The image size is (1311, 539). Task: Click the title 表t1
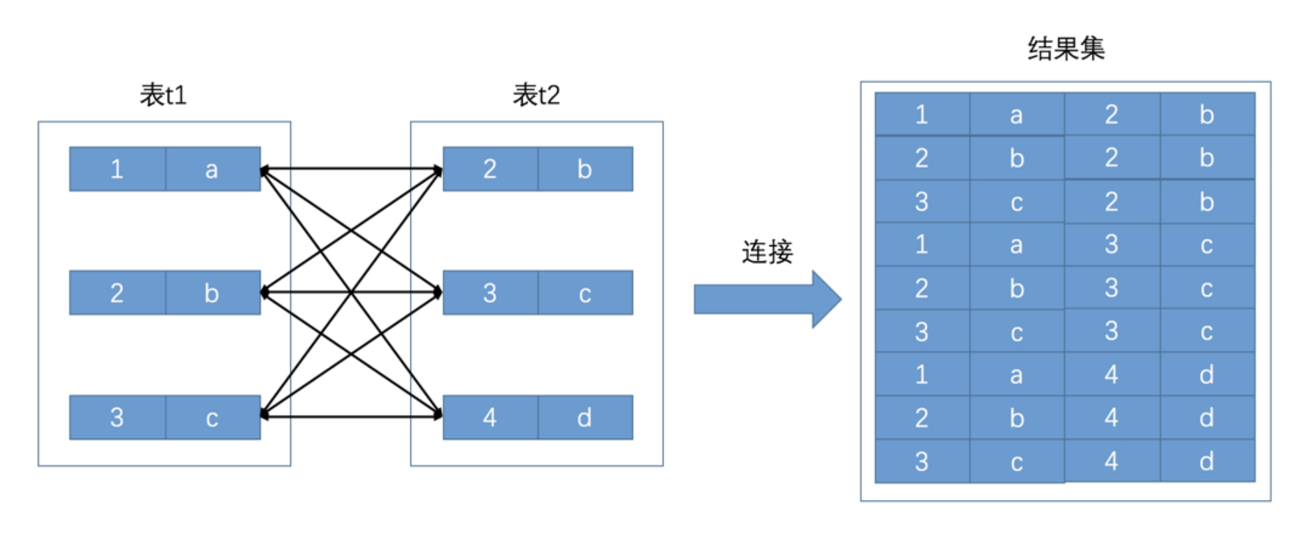coord(163,95)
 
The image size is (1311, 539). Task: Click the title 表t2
coord(536,95)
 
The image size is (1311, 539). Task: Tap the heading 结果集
coord(1066,48)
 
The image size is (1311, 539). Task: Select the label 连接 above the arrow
coord(767,252)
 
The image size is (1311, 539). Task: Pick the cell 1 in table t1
coord(117,169)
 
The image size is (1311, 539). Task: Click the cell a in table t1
coord(212,169)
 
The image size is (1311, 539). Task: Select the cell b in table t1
coord(212,293)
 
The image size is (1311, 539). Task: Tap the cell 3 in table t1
coord(117,418)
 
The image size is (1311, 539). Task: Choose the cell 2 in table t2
coord(490,169)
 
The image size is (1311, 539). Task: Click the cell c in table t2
coord(584,293)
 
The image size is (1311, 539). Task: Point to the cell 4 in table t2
coord(490,418)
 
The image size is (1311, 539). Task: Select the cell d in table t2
coord(584,418)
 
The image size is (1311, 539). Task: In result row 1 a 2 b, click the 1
coord(922,115)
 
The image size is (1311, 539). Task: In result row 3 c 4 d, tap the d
coord(1207,461)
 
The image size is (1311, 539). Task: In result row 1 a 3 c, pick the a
coord(1016,245)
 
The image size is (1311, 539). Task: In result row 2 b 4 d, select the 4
coord(1112,418)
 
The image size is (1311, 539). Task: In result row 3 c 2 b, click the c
coord(1016,202)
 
